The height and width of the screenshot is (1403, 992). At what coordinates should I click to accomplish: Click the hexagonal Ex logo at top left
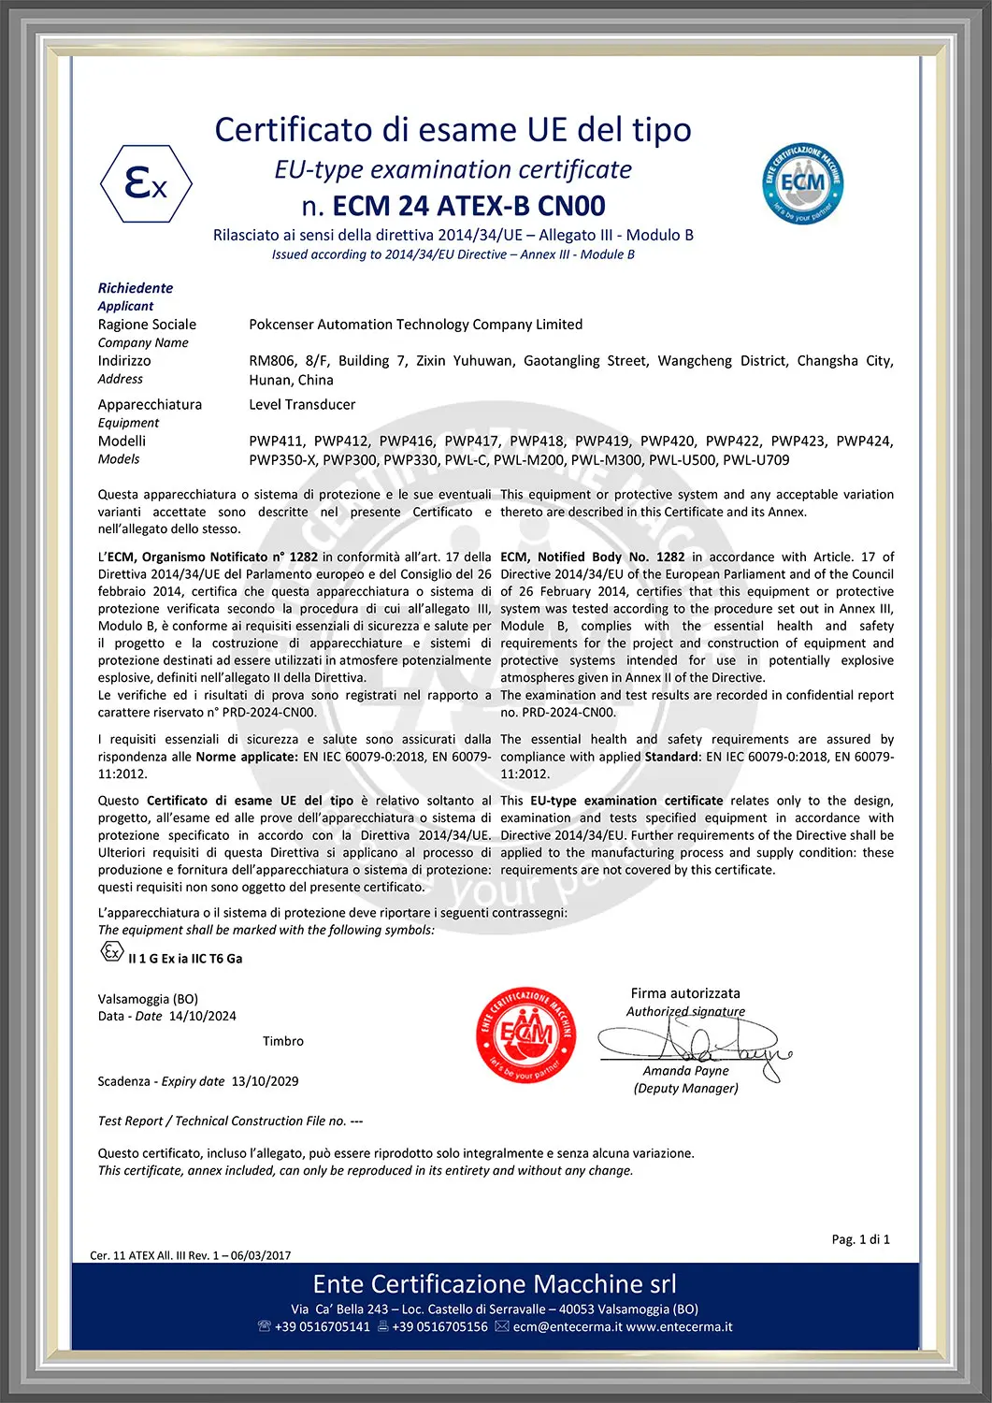pyautogui.click(x=146, y=183)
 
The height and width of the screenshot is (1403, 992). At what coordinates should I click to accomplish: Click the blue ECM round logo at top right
pyautogui.click(x=802, y=182)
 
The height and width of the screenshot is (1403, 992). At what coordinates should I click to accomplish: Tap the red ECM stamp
pyautogui.click(x=525, y=1034)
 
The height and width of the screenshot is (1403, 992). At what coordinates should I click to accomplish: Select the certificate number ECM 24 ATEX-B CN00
pyautogui.click(x=468, y=206)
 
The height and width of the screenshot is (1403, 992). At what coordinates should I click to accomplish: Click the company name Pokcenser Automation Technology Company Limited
pyautogui.click(x=415, y=325)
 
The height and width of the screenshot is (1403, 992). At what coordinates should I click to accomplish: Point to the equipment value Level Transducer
pyautogui.click(x=302, y=405)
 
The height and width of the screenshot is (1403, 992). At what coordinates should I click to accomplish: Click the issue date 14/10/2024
pyautogui.click(x=203, y=1017)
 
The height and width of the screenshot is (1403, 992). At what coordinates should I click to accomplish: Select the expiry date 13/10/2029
pyautogui.click(x=265, y=1081)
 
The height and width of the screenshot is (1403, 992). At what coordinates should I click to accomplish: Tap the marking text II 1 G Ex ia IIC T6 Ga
pyautogui.click(x=185, y=959)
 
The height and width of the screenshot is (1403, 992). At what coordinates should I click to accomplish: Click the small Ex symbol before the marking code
pyautogui.click(x=111, y=952)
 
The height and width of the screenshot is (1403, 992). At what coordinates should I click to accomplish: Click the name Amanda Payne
pyautogui.click(x=685, y=1071)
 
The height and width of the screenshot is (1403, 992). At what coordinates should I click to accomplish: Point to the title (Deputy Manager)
pyautogui.click(x=685, y=1089)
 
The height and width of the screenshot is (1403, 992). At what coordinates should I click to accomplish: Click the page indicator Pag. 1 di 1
pyautogui.click(x=860, y=1239)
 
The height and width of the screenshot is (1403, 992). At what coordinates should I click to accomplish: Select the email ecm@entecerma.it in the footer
pyautogui.click(x=567, y=1327)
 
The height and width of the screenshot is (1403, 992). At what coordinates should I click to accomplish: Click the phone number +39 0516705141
pyautogui.click(x=322, y=1327)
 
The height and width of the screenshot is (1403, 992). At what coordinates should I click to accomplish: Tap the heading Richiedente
pyautogui.click(x=136, y=288)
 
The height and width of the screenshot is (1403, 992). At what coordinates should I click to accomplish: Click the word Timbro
pyautogui.click(x=282, y=1041)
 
